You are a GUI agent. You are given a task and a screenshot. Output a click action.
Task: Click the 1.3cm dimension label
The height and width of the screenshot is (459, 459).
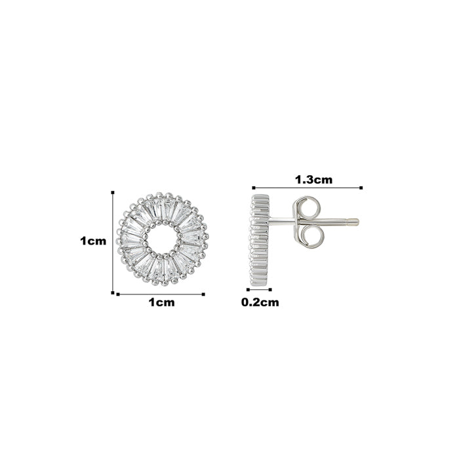pyautogui.click(x=314, y=180)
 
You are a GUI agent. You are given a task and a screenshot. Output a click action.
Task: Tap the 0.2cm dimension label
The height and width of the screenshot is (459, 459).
pyautogui.click(x=260, y=302)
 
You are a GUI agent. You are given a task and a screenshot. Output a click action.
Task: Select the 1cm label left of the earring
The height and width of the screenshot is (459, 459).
pyautogui.click(x=93, y=241)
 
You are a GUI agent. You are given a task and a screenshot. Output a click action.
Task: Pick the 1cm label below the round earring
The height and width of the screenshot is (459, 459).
pyautogui.click(x=161, y=302)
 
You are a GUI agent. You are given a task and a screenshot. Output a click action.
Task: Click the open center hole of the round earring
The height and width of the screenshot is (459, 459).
pyautogui.click(x=161, y=239)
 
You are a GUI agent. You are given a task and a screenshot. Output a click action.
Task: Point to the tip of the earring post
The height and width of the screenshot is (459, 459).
pyautogui.click(x=357, y=222)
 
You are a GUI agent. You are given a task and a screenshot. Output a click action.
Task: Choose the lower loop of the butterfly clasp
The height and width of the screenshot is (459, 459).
pyautogui.click(x=312, y=236)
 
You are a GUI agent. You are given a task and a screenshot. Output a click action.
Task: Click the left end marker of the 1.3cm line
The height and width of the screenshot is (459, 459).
pyautogui.click(x=254, y=188)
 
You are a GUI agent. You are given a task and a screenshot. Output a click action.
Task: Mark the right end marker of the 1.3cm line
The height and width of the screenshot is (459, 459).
pyautogui.click(x=361, y=188)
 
